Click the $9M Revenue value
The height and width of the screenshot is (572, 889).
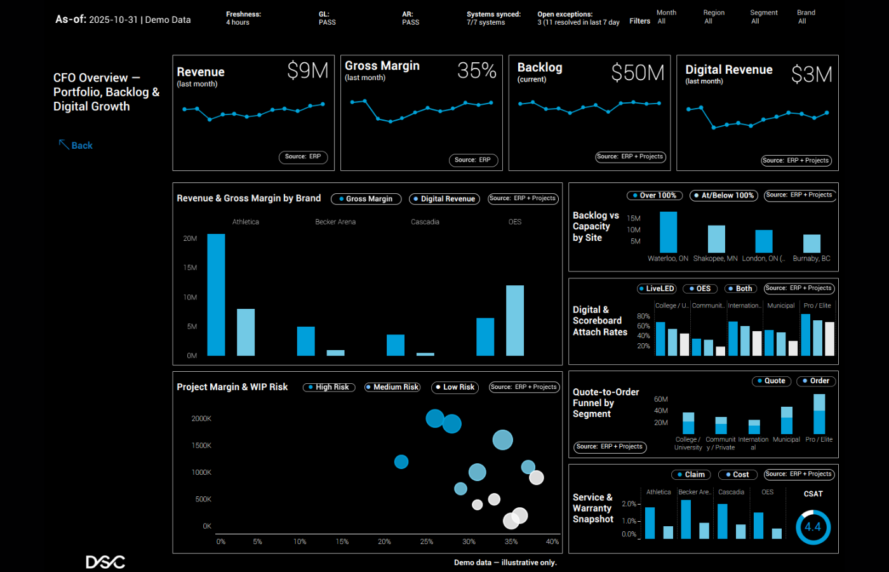tap(307, 71)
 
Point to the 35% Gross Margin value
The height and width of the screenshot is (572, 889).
tap(476, 71)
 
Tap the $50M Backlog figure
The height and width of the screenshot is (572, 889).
tap(638, 73)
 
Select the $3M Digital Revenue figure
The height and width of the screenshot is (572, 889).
tap(811, 75)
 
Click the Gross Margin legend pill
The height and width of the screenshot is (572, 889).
tap(366, 199)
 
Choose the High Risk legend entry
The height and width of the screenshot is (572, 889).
tap(328, 387)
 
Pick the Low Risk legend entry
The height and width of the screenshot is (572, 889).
tap(455, 387)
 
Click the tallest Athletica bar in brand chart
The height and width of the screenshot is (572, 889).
tap(216, 295)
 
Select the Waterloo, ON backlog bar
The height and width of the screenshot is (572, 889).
tap(668, 233)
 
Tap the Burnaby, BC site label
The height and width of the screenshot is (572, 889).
tap(812, 259)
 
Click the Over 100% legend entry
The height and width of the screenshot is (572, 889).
tap(654, 196)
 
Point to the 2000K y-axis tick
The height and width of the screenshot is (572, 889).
tap(201, 419)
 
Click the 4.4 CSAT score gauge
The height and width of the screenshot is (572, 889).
tap(813, 527)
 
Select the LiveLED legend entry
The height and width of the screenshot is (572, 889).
tap(657, 289)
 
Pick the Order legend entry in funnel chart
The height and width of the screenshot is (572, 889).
tap(815, 381)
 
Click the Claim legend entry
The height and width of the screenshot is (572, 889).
tap(691, 475)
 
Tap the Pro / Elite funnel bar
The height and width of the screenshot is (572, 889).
tap(819, 414)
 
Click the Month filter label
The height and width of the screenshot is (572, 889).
tap(666, 13)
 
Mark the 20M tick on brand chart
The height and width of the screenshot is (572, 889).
tap(190, 238)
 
